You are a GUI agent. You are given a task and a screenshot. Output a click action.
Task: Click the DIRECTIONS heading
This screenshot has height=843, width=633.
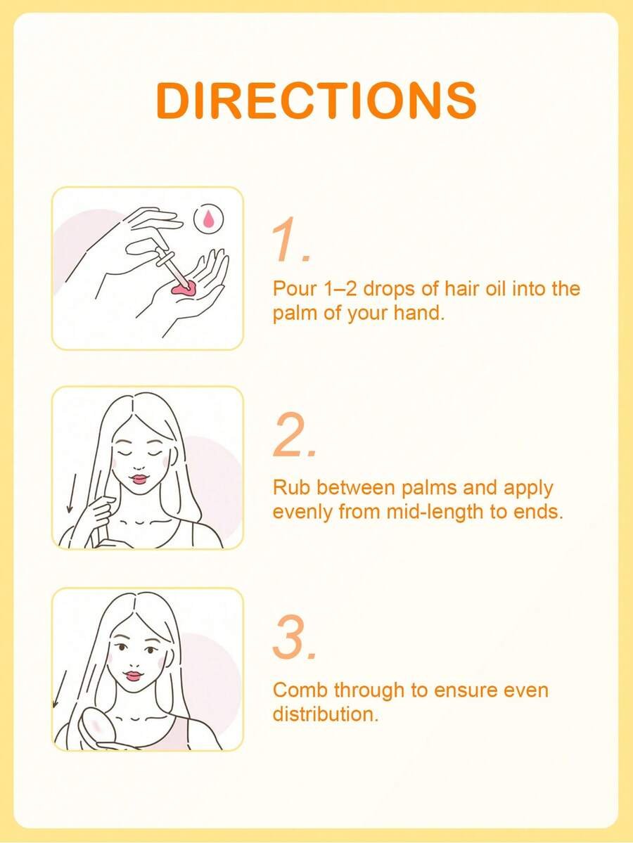(316, 101)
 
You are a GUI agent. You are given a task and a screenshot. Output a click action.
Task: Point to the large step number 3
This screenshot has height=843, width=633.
(294, 638)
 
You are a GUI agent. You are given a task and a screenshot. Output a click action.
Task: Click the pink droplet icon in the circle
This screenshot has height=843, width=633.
(209, 218)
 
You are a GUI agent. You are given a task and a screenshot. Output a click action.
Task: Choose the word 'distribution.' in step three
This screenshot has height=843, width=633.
(326, 714)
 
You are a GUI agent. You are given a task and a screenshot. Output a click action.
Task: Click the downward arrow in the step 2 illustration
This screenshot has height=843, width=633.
(70, 493)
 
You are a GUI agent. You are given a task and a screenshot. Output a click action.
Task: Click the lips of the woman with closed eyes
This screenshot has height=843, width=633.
(139, 478)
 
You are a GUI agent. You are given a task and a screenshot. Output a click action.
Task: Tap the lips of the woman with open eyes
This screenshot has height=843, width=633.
(132, 676)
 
